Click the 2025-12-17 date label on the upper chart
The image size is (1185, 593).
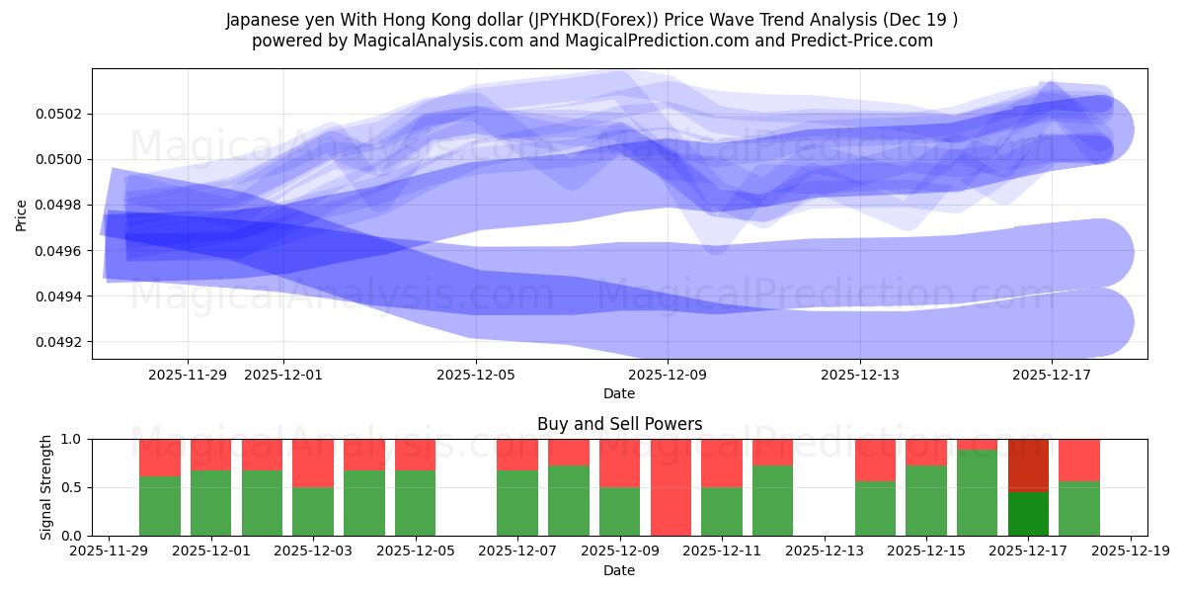pos(1051,375)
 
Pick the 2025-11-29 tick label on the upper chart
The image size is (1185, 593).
pos(188,375)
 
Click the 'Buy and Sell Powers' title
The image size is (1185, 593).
pos(619,424)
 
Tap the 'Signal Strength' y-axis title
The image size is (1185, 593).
pos(45,487)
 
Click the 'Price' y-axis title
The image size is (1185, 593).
pos(22,213)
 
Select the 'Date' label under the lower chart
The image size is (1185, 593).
pos(619,570)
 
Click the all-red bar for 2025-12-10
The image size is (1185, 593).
pos(671,487)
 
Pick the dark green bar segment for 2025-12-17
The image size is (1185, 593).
pos(1028,514)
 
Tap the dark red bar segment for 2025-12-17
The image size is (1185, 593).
pos(1028,465)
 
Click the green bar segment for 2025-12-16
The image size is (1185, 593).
pos(977,492)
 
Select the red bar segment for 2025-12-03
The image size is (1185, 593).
pos(313,463)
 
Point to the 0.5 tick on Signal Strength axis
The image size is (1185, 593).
pos(75,487)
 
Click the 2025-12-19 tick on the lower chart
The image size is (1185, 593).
pos(1131,551)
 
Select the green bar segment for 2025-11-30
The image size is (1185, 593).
pos(160,506)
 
